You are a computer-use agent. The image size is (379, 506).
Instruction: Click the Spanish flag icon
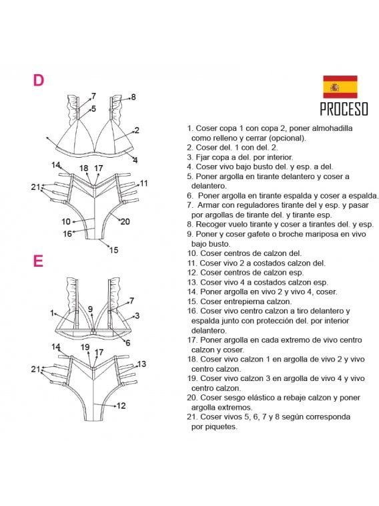tap(340, 86)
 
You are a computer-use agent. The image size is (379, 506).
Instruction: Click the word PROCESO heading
tap(344, 109)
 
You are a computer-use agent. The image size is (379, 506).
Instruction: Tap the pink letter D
tap(38, 80)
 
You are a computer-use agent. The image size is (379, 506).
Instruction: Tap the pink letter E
tap(38, 261)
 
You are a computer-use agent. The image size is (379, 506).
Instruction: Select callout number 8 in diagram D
tap(133, 97)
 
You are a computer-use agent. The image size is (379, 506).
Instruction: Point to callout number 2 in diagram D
tap(137, 130)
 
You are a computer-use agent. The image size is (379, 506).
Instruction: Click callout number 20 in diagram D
tap(125, 221)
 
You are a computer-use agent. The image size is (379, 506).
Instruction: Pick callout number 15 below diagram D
tap(113, 250)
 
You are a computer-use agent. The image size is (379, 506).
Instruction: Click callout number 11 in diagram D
tap(143, 183)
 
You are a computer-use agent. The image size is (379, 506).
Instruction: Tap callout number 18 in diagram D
tap(83, 168)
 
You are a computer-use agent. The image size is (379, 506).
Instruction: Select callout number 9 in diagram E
tap(91, 309)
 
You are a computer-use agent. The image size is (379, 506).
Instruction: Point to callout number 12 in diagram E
tap(121, 405)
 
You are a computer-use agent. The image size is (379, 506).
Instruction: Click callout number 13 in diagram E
tap(141, 364)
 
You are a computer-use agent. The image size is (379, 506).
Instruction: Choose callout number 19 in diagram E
tap(85, 347)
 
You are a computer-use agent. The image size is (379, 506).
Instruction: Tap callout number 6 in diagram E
tap(128, 343)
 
